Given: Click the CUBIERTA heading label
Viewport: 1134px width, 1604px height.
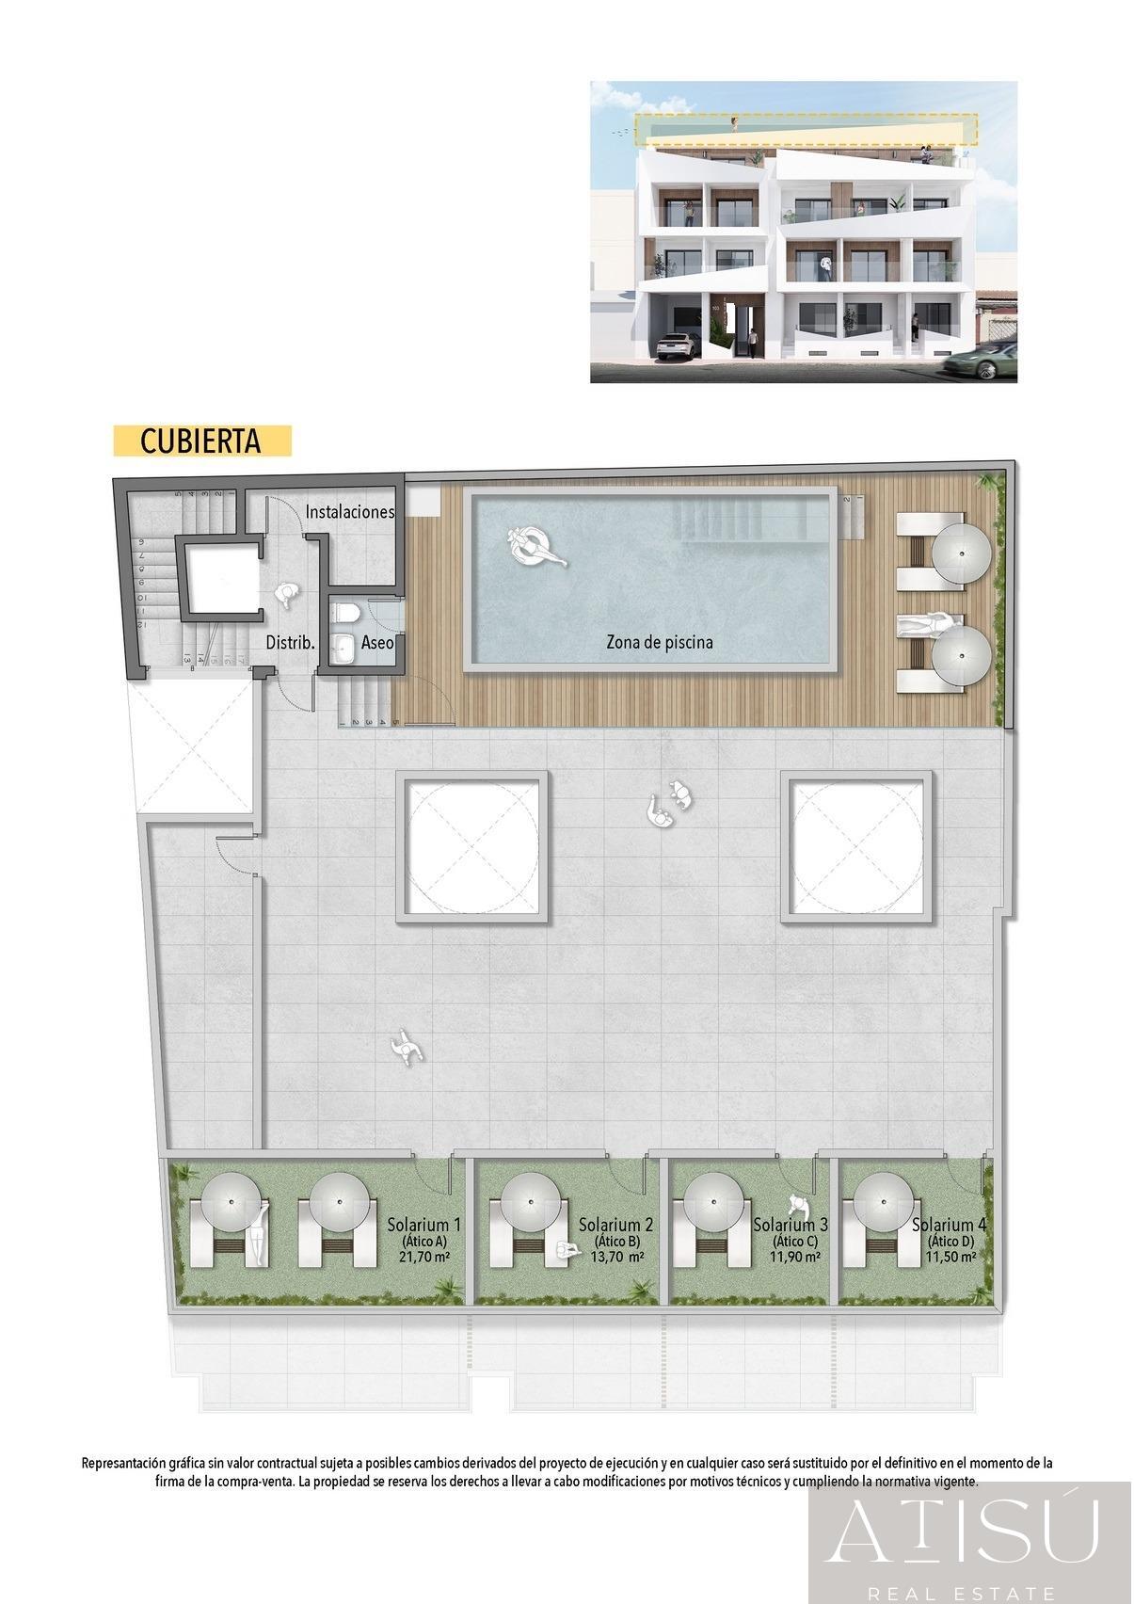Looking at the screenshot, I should click(200, 441).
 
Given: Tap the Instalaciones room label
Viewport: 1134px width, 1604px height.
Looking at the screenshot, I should click(349, 512).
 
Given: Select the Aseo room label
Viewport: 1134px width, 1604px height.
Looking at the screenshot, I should click(377, 643).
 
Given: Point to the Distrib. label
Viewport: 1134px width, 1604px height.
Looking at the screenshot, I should click(290, 643).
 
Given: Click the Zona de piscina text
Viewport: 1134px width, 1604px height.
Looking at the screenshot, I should click(659, 643).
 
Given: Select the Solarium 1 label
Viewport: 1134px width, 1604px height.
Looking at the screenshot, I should click(423, 1225).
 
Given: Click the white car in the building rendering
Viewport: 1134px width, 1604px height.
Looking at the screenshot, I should click(679, 345).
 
